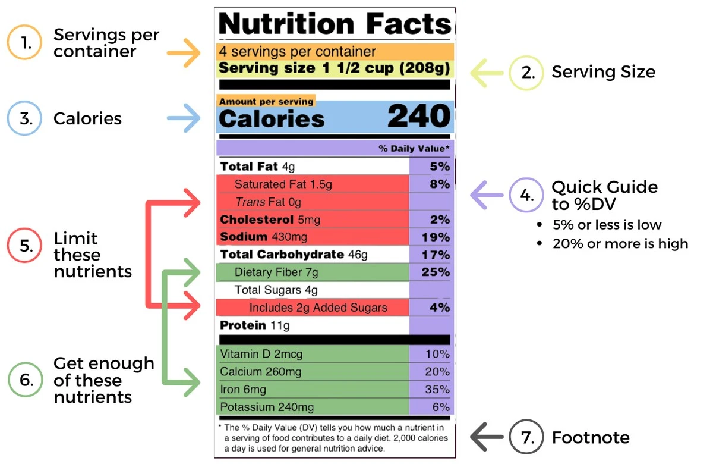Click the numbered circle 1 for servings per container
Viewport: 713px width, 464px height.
click(x=24, y=42)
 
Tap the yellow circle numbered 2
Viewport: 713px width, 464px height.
click(x=526, y=73)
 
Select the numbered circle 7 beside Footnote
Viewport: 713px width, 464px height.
click(x=526, y=438)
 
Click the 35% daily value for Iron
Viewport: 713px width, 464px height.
click(x=437, y=390)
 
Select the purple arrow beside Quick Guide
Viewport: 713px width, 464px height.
click(x=486, y=195)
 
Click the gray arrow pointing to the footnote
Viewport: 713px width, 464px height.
click(x=487, y=438)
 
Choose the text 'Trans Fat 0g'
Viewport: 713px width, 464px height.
click(x=268, y=202)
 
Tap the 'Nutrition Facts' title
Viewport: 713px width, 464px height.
click(x=335, y=24)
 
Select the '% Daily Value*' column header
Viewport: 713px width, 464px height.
click(x=414, y=148)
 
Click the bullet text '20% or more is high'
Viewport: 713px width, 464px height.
click(x=620, y=244)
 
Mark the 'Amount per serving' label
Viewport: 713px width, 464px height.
click(x=266, y=102)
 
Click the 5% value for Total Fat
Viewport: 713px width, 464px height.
click(x=440, y=167)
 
